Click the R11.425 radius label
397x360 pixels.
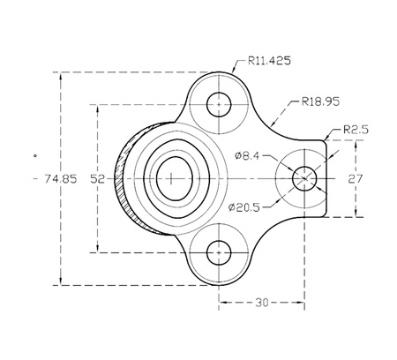pos(269,61)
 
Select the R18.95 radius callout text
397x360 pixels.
pos(320,101)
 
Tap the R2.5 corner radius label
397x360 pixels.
pos(356,130)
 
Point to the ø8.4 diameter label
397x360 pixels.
pos(247,155)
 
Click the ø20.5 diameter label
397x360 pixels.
pos(244,207)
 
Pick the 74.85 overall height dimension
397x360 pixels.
pos(61,178)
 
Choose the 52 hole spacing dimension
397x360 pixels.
pos(97,179)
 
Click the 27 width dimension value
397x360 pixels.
pos(356,179)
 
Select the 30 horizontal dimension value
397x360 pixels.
pos(262,303)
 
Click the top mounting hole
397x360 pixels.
pos(219,104)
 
